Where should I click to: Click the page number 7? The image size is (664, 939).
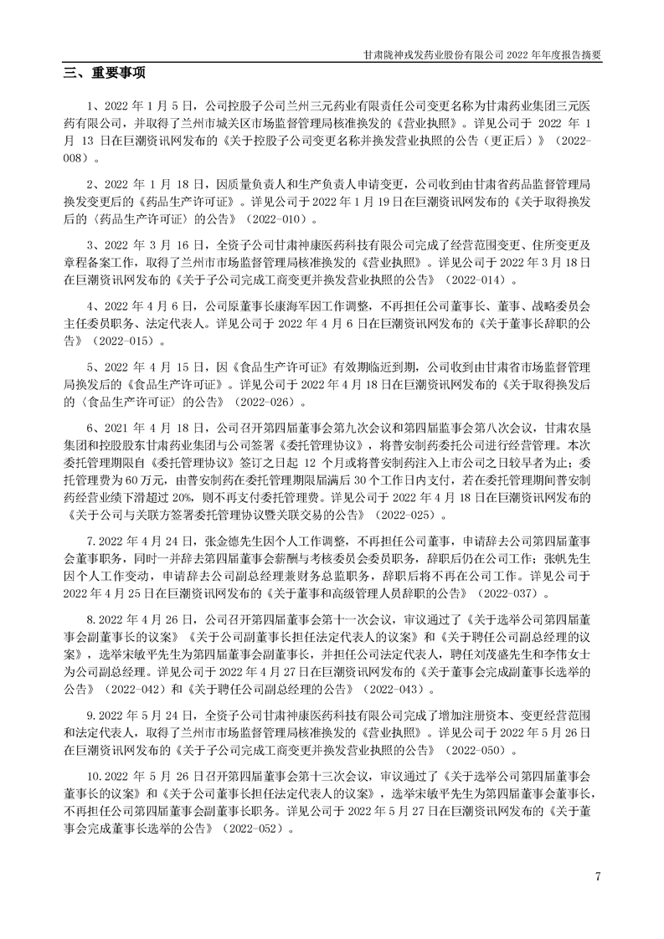coord(598,876)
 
